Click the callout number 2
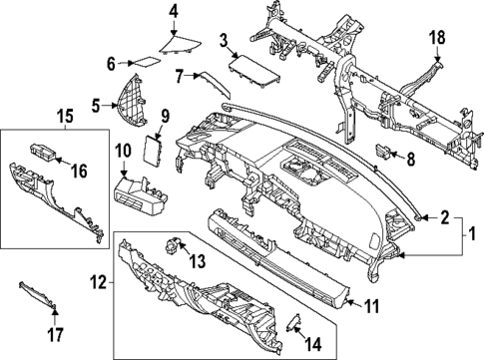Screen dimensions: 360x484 (445, 214)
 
